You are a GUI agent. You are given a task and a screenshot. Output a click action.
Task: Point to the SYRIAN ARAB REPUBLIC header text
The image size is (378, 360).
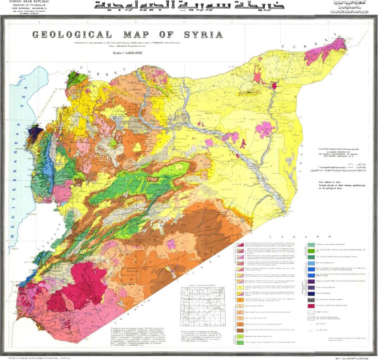pos(21,2)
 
